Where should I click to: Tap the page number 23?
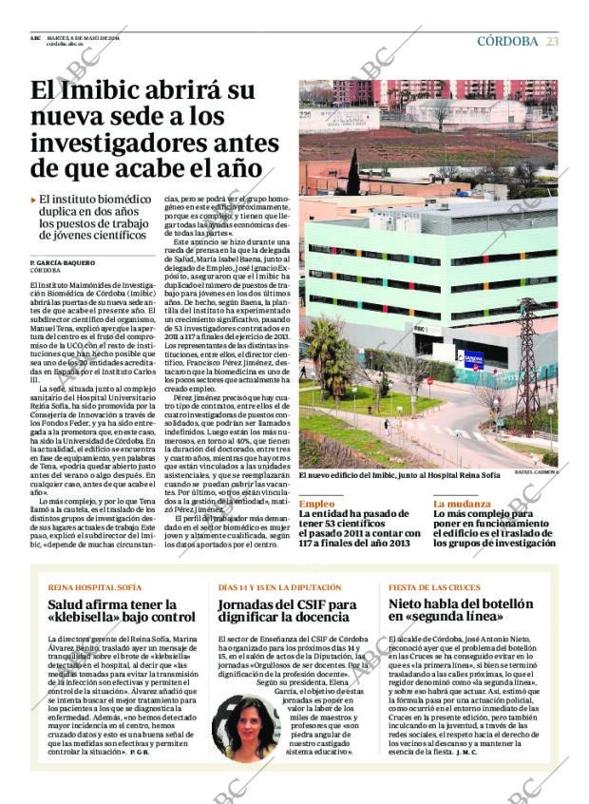tap(552, 41)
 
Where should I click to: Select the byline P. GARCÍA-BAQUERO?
tap(63, 261)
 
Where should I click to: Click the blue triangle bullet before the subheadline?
tap(33, 200)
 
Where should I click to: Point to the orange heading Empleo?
tap(316, 504)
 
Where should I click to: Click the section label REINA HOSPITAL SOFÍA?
tap(95, 587)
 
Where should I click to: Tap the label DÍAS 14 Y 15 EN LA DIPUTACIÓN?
tap(279, 587)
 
